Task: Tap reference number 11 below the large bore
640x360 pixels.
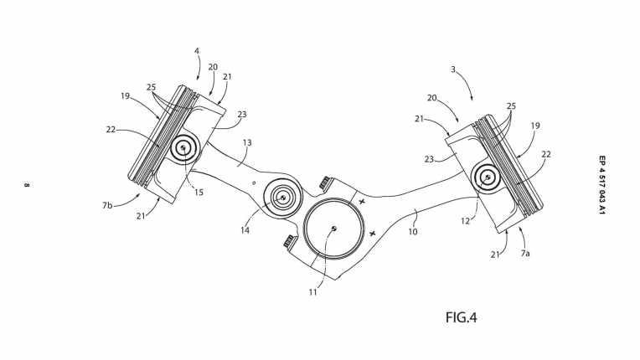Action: point(312,293)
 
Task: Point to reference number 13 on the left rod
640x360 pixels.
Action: point(246,143)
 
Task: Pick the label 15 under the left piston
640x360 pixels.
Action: point(198,192)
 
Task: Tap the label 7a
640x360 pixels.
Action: point(525,252)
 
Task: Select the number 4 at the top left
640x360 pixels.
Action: point(197,51)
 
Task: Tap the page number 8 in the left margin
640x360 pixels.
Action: point(27,185)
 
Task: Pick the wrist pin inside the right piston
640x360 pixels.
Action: point(488,177)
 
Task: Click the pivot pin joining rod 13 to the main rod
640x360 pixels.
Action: point(282,198)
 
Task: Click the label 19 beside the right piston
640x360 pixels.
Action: point(535,126)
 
